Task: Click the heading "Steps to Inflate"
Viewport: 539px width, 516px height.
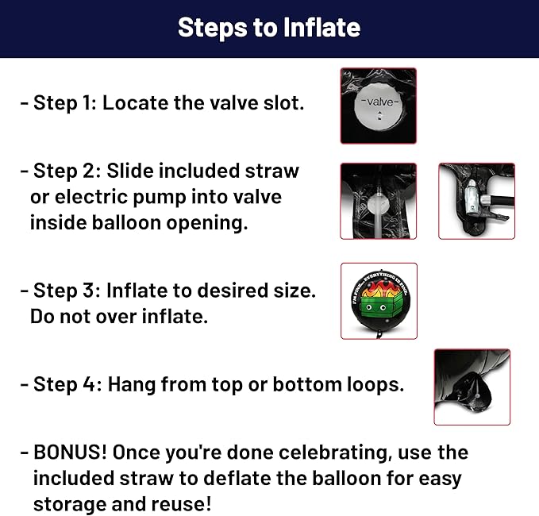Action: [x=269, y=28]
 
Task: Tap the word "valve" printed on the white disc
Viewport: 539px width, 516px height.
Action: [x=380, y=102]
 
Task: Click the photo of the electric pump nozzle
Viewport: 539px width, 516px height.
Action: [x=476, y=201]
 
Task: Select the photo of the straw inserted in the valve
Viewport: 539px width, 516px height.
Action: [x=378, y=201]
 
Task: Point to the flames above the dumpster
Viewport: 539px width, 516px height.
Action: [x=379, y=290]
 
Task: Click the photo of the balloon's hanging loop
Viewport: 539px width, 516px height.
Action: [x=472, y=387]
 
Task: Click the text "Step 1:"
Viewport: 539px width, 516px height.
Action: [x=65, y=102]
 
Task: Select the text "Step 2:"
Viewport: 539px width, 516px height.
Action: [x=67, y=171]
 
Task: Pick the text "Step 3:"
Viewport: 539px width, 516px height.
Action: [x=67, y=290]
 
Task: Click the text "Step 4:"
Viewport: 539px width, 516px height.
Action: [x=67, y=384]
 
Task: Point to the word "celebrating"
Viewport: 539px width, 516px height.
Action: [x=335, y=452]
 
